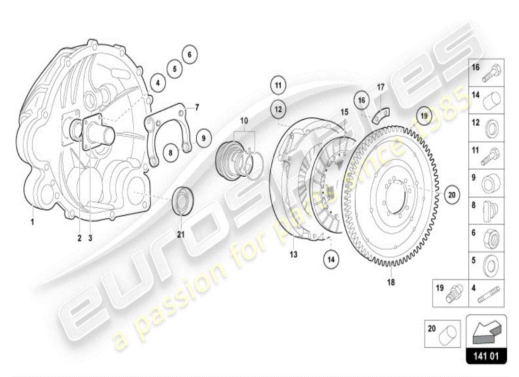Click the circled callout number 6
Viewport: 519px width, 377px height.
[x=190, y=55]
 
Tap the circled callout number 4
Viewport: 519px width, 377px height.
[x=158, y=83]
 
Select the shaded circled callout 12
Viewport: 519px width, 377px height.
[x=278, y=109]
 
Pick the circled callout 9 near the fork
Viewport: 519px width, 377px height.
[x=204, y=138]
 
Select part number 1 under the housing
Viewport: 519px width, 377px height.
[x=33, y=221]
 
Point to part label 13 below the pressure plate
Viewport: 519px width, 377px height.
[x=293, y=254]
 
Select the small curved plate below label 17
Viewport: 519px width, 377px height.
[x=382, y=115]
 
